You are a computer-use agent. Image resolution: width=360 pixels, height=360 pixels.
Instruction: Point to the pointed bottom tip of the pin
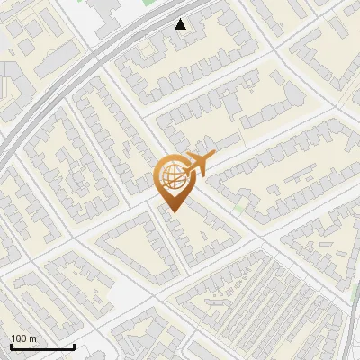(x=172, y=211)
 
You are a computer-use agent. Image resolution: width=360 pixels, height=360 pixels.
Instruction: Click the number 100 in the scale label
(x=20, y=338)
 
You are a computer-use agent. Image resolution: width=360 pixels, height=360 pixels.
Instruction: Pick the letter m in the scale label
(x=33, y=338)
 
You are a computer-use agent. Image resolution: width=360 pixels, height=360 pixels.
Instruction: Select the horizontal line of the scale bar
(x=42, y=347)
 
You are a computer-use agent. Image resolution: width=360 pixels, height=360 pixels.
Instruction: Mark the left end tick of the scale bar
(x=11, y=346)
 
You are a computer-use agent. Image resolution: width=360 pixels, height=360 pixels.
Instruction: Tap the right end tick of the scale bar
(x=74, y=346)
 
